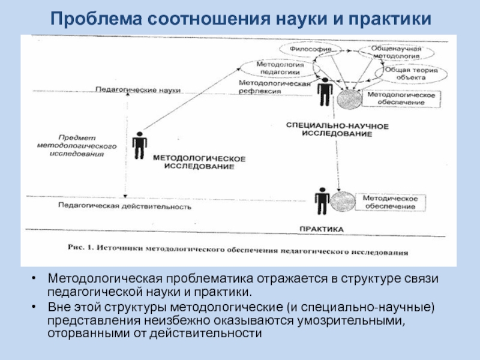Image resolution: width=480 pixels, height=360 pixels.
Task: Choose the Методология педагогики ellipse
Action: coord(280,67)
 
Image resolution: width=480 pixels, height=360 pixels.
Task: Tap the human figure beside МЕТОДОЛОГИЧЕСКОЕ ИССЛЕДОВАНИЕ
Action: coord(140,145)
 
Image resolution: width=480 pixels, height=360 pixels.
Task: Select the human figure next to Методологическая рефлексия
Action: coord(325,93)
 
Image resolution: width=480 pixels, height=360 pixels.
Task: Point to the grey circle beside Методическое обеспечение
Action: coord(342,202)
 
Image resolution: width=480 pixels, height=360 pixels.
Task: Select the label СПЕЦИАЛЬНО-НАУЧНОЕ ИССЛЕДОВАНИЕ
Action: coord(337,130)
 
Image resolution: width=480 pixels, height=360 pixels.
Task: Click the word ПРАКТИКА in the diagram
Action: coord(322,230)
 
